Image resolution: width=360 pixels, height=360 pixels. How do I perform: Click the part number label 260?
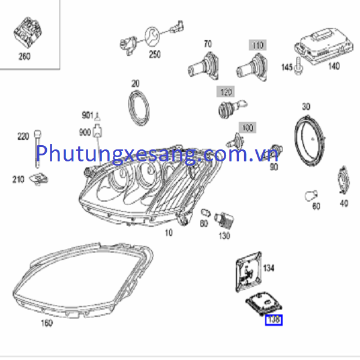tap(24, 56)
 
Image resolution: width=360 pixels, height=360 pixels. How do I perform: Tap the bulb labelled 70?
tap(201, 62)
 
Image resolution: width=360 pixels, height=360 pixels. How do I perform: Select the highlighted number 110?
tap(257, 46)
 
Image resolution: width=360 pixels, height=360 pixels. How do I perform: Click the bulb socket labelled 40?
tap(341, 180)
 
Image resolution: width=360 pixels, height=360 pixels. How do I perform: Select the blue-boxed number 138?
tap(274, 320)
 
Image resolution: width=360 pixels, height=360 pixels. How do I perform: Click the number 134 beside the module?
tap(269, 268)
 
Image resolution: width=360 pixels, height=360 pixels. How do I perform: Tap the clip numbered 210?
tap(40, 178)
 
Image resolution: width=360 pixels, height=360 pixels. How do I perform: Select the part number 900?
tap(85, 132)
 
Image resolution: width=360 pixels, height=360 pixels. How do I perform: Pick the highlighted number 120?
tap(226, 92)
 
